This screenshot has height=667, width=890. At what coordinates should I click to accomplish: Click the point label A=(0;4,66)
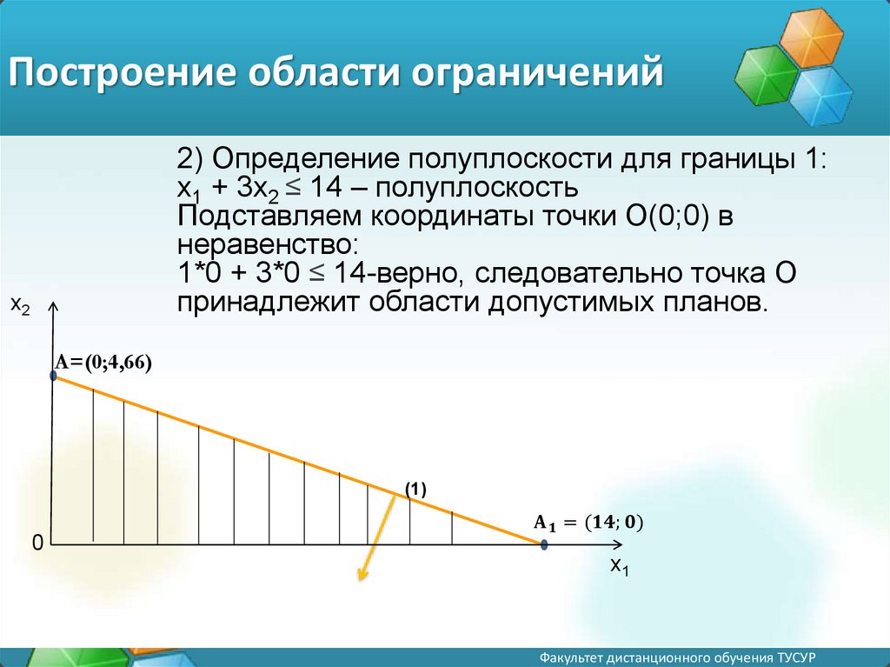tap(103, 363)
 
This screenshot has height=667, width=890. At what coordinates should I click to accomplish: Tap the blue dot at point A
tap(53, 376)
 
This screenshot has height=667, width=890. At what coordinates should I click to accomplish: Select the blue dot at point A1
tap(544, 545)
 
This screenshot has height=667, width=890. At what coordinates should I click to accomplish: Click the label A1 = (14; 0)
tap(588, 523)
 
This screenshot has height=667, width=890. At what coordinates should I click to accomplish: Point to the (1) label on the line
tap(415, 490)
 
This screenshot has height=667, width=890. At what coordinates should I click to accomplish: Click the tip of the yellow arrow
tap(359, 580)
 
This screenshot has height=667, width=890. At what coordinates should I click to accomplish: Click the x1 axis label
tap(619, 566)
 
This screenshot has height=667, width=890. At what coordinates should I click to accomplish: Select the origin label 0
tap(37, 544)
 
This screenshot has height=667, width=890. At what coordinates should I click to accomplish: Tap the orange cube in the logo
tap(811, 38)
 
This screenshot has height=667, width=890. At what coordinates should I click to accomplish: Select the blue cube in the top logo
tap(820, 96)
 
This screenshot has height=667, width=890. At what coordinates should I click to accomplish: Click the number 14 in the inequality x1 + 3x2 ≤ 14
tap(326, 187)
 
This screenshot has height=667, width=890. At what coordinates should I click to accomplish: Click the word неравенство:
tap(268, 245)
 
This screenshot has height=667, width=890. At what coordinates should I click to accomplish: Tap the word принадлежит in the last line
tap(269, 303)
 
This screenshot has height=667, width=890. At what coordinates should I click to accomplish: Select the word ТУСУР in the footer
tap(798, 658)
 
